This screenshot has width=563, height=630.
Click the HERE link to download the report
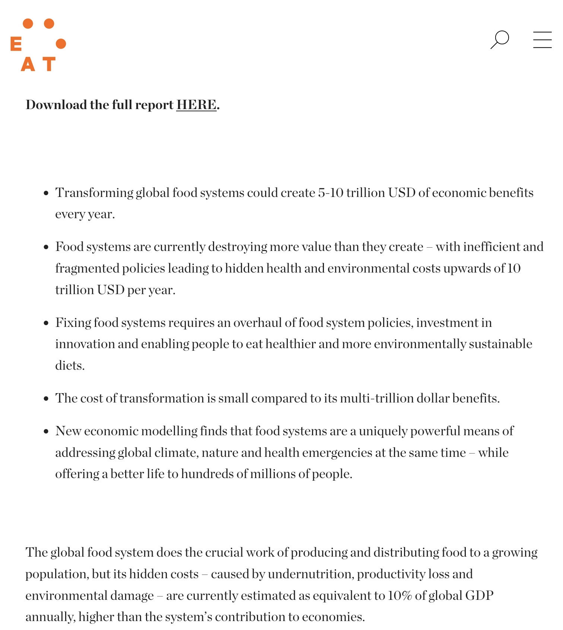coord(196,105)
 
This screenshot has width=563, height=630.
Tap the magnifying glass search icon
coord(500,39)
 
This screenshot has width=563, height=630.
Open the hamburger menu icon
coord(542,39)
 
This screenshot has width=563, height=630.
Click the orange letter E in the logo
coord(16,44)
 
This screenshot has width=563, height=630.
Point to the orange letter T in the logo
coord(49,64)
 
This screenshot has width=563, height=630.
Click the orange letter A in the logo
coord(28,64)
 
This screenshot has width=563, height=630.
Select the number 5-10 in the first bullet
coord(331,193)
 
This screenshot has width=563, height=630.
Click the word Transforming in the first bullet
coord(94,193)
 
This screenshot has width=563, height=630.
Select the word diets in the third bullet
coord(69,366)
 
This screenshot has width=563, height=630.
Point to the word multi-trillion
coord(377,398)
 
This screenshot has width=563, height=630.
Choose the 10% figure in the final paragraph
coord(400,596)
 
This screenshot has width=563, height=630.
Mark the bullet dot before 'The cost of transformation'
coord(46,399)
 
